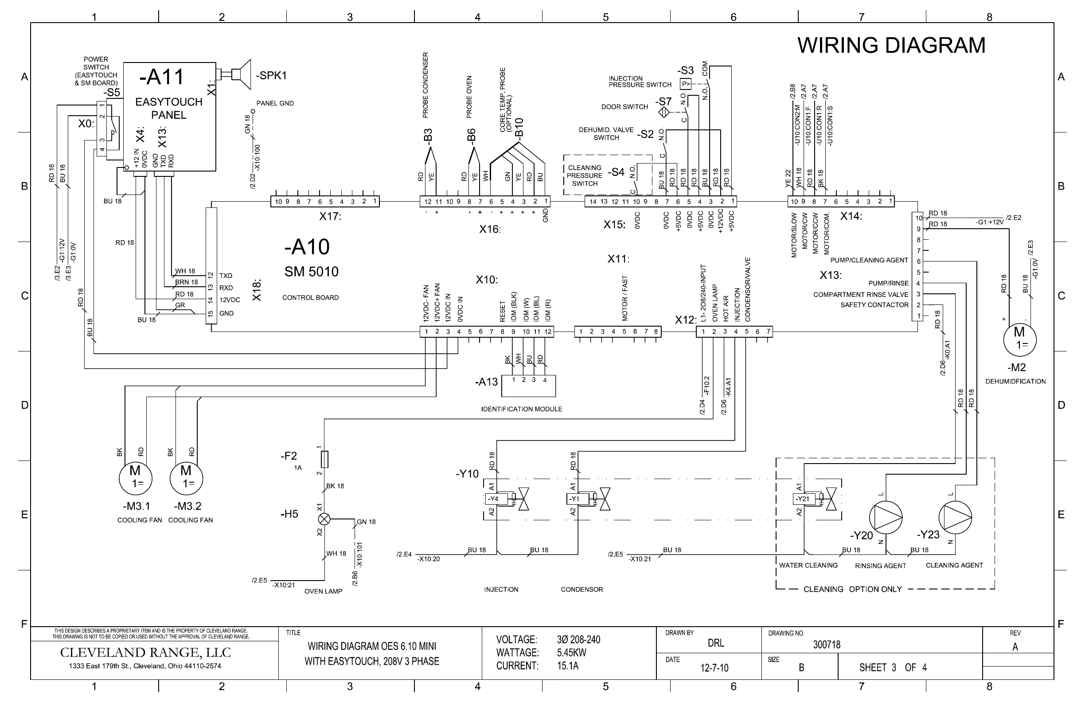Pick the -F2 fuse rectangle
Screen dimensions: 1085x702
point(324,459)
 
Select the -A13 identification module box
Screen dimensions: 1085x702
point(528,386)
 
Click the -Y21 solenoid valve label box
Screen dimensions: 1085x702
point(804,499)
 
